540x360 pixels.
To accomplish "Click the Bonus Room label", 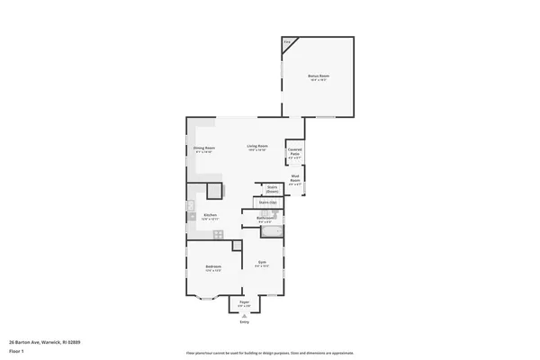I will (x=319, y=76).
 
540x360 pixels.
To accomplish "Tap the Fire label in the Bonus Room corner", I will (x=287, y=41).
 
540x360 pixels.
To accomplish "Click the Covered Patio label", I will (x=294, y=152).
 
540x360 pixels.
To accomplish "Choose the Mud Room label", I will (x=294, y=180).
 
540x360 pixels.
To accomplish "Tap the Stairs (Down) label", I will (x=272, y=189).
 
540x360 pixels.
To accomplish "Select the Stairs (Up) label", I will (x=267, y=203).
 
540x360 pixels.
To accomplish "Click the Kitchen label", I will (x=210, y=215).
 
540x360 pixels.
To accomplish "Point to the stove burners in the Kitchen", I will (x=217, y=233).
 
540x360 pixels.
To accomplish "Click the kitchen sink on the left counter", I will (x=192, y=210).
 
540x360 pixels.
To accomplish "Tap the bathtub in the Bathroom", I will (x=271, y=232).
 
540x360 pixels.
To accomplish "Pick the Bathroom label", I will (x=265, y=218).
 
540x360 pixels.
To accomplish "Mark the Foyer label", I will (x=244, y=303).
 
